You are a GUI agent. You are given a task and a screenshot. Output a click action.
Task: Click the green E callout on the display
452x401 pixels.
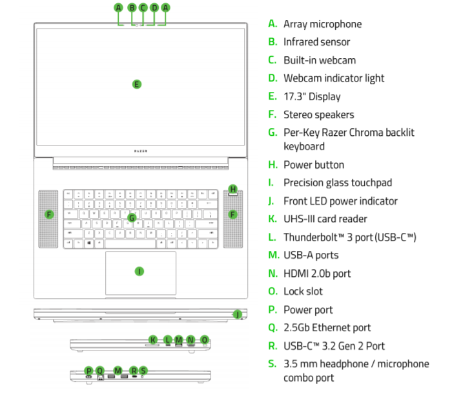pyautogui.click(x=136, y=84)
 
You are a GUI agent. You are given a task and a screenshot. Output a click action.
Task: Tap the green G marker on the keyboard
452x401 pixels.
pyautogui.click(x=131, y=218)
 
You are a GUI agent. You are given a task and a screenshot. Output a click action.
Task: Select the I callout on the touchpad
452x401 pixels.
pyautogui.click(x=139, y=271)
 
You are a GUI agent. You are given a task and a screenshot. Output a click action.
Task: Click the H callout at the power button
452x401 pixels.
pyautogui.click(x=233, y=190)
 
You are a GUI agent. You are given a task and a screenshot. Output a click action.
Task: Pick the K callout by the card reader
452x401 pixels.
pyautogui.click(x=153, y=340)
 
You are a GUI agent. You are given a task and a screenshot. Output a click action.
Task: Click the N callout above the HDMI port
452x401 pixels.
pyautogui.click(x=190, y=340)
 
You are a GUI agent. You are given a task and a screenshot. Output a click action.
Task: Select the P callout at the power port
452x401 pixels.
pyautogui.click(x=89, y=371)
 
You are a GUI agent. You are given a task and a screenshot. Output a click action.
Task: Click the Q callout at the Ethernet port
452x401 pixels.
pyautogui.click(x=99, y=371)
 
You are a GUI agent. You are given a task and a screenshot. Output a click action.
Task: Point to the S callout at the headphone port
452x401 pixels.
pyautogui.click(x=143, y=371)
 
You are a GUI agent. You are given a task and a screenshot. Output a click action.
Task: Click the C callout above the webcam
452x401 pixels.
pyautogui.click(x=143, y=8)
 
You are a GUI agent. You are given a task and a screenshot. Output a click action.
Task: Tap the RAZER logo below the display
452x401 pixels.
pyautogui.click(x=141, y=151)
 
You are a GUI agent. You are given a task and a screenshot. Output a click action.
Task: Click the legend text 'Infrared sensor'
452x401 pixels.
pyautogui.click(x=316, y=42)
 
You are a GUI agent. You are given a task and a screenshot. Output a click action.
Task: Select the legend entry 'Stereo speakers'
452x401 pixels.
pyautogui.click(x=318, y=114)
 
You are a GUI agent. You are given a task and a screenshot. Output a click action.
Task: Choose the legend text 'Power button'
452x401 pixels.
pyautogui.click(x=314, y=165)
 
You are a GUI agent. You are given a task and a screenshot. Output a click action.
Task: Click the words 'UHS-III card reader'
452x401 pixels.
pyautogui.click(x=325, y=219)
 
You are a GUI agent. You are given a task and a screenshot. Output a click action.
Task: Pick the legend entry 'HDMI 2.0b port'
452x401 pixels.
pyautogui.click(x=317, y=274)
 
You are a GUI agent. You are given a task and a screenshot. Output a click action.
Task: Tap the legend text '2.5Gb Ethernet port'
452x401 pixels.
pyautogui.click(x=327, y=328)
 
